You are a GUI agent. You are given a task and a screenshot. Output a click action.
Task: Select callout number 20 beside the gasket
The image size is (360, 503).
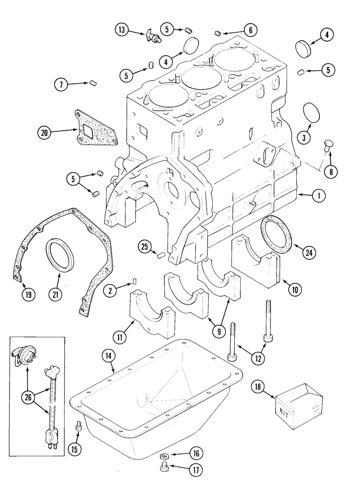(45, 132)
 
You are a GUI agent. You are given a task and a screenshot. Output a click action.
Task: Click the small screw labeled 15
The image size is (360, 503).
(78, 427)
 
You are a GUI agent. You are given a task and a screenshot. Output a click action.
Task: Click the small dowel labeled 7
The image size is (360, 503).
(93, 83)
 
